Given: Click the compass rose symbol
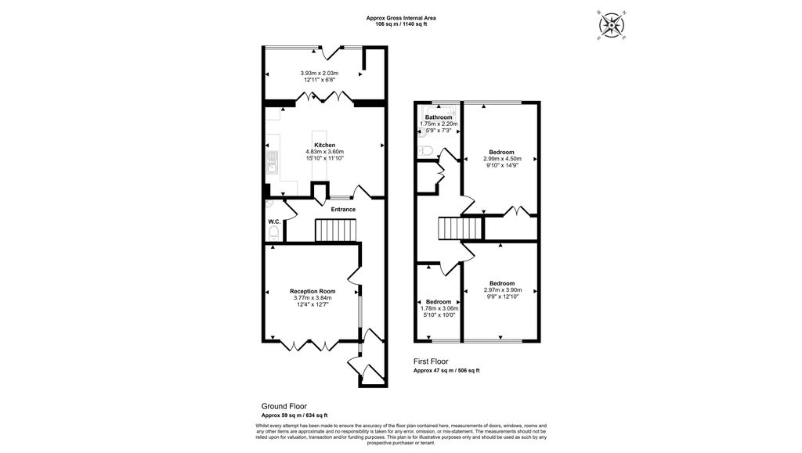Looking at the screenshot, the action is [x=611, y=25].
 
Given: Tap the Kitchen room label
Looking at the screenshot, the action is [x=325, y=145].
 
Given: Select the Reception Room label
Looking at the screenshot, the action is [x=312, y=292].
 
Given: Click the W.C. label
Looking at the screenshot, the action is [x=274, y=221].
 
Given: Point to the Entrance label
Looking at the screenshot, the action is [x=343, y=210].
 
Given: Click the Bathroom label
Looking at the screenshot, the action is [x=439, y=117].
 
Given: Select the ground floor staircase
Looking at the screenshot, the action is [x=335, y=230].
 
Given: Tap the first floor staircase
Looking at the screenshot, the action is [x=461, y=228].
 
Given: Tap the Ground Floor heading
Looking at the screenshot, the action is [x=284, y=407].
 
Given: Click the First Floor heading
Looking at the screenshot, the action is [x=431, y=361].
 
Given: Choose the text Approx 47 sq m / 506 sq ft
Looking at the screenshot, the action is [x=446, y=371].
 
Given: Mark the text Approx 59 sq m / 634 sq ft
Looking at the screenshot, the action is [x=294, y=415].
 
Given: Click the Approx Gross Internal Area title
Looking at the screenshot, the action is [x=401, y=18].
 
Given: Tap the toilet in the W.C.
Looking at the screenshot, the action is [x=273, y=234].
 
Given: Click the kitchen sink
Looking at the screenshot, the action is [x=272, y=163].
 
